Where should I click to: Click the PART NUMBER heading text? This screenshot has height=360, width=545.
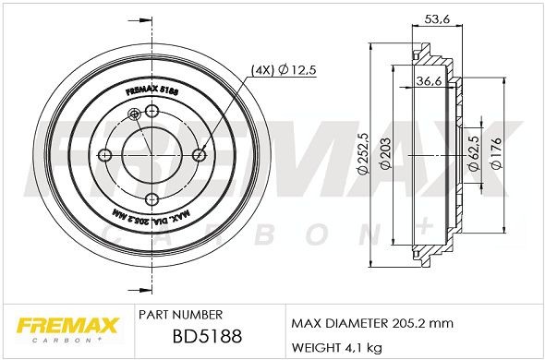[178, 314]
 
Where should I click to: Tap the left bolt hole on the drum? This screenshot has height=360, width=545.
[105, 155]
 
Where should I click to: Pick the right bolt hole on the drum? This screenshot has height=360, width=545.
[200, 155]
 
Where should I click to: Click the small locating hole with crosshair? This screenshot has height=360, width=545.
[136, 114]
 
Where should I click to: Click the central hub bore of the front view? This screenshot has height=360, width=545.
[152, 155]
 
